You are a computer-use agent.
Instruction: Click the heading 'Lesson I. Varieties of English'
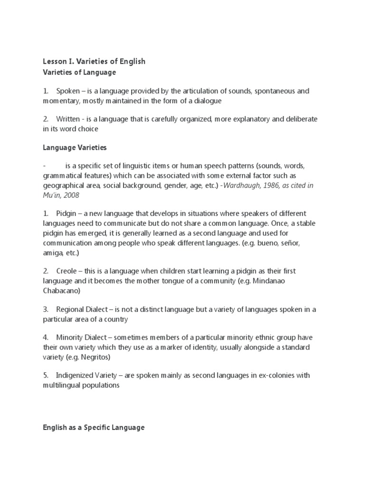tap(94, 61)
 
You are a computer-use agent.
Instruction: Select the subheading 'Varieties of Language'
tap(79, 72)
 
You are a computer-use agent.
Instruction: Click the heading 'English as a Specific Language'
tap(93, 428)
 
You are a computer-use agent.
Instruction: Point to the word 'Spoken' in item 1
tap(68, 90)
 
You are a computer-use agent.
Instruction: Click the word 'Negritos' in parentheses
tap(95, 357)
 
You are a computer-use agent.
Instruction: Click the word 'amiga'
tap(53, 252)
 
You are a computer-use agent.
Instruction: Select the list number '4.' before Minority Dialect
tap(46, 337)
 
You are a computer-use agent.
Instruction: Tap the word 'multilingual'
tap(62, 385)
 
